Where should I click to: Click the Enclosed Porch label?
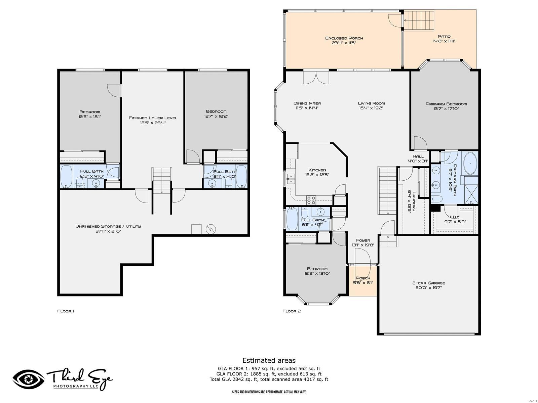click(344, 38)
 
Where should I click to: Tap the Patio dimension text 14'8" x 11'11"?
click(444, 41)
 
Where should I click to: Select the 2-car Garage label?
click(428, 283)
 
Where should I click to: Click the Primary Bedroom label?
click(446, 104)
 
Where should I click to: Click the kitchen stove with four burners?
click(311, 200)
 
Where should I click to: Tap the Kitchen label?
click(317, 170)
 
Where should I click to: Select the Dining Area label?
click(307, 103)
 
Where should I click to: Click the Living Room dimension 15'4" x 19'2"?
click(371, 108)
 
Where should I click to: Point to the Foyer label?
click(363, 240)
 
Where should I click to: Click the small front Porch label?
click(363, 278)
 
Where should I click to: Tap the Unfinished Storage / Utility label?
click(108, 226)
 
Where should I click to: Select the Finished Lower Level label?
click(153, 118)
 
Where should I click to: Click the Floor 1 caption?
click(66, 311)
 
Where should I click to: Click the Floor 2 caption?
click(291, 311)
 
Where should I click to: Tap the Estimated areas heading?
click(269, 360)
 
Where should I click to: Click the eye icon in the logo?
click(29, 379)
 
